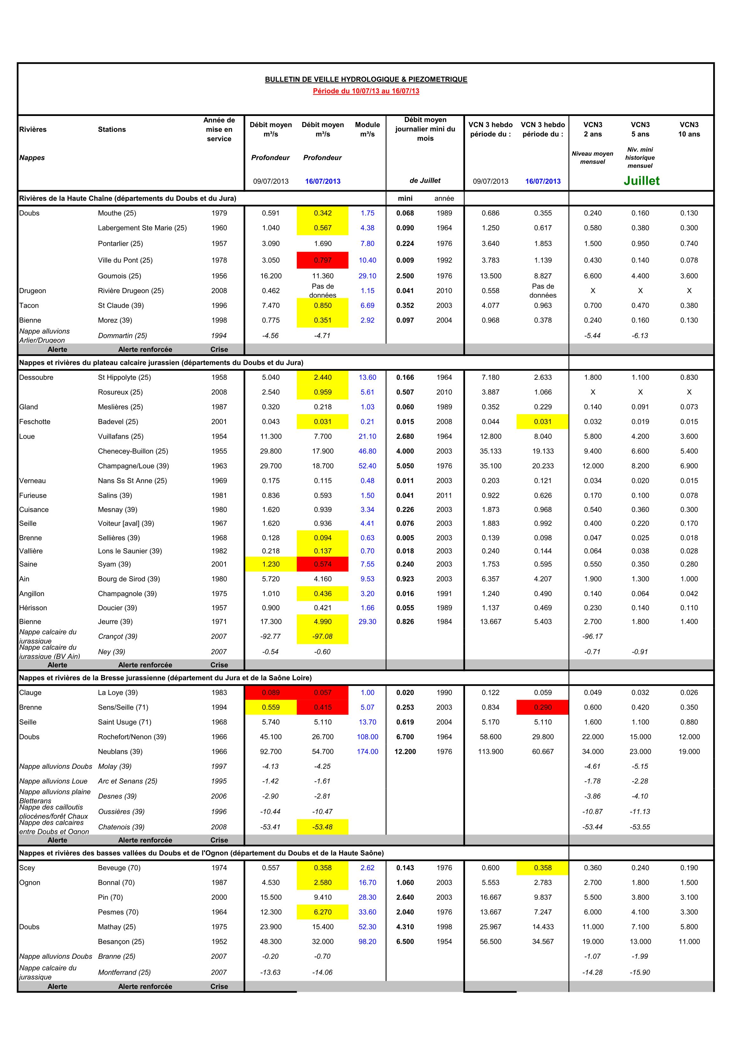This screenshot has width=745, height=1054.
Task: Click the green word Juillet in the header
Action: (x=641, y=181)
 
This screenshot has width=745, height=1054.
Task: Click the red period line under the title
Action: (x=366, y=91)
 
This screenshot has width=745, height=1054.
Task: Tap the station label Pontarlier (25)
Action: (x=120, y=244)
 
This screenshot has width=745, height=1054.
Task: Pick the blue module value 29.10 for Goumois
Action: (x=367, y=276)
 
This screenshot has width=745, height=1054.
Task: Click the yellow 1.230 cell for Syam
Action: (x=270, y=564)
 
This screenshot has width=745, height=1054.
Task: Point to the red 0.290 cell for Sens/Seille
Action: (x=542, y=707)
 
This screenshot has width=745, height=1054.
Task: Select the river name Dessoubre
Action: (x=36, y=377)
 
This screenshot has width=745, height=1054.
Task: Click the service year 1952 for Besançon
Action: (x=219, y=942)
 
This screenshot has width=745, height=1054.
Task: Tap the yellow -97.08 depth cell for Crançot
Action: (x=323, y=636)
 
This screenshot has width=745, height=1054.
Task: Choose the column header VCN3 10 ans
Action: (x=689, y=129)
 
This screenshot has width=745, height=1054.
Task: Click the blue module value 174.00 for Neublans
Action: (x=367, y=752)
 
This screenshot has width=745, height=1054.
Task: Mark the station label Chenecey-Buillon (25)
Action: (x=133, y=451)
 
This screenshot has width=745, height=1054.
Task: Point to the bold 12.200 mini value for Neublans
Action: (x=405, y=752)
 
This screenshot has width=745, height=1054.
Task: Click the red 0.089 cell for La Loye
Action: (x=270, y=693)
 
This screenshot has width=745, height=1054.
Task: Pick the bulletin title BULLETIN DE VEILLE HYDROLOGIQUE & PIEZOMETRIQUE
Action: (x=366, y=79)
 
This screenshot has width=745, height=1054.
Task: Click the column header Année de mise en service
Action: (x=219, y=129)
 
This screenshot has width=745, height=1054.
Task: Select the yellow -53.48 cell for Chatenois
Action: (x=323, y=827)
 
